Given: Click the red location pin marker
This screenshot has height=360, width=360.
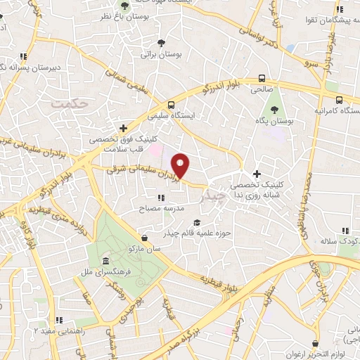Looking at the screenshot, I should (x=181, y=166).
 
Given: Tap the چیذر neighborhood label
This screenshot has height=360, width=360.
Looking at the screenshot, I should (x=212, y=198).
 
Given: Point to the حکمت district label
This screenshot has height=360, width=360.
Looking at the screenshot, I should (x=71, y=103).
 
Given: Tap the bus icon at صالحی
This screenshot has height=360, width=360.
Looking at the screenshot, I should (x=262, y=79).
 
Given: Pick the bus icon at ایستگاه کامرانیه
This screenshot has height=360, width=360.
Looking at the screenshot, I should (x=340, y=100).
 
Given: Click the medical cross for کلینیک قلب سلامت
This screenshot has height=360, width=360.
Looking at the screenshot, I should (x=124, y=129).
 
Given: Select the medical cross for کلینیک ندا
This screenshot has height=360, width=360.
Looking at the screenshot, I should (x=257, y=174).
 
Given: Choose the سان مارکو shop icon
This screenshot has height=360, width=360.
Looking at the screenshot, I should (x=145, y=238).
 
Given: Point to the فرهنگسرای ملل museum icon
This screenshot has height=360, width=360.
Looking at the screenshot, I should (x=105, y=260).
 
